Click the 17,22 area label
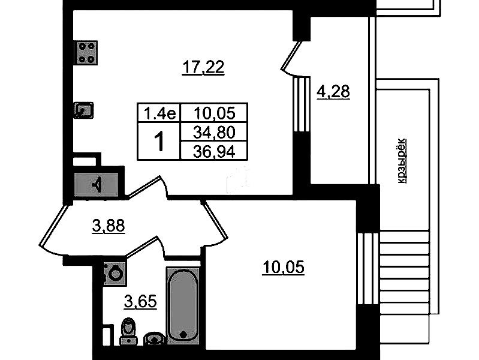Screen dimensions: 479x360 [203, 67]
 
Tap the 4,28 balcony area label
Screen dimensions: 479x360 [333, 91]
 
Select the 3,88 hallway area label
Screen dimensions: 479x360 [109, 226]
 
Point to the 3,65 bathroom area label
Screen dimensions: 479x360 [140, 302]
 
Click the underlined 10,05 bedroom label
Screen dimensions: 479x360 [283, 268]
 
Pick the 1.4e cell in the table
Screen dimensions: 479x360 [159, 113]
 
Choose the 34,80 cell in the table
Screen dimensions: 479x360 [214, 132]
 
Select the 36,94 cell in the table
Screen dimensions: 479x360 [214, 151]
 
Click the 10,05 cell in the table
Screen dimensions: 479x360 [214, 113]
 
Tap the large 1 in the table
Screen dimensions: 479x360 [159, 142]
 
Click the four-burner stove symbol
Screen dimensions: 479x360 [86, 53]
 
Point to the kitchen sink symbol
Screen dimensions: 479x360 [83, 110]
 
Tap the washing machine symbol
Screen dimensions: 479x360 [115, 274]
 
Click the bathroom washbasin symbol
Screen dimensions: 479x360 [155, 338]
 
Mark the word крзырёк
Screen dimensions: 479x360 [402, 161]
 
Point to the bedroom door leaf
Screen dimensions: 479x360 [215, 220]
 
